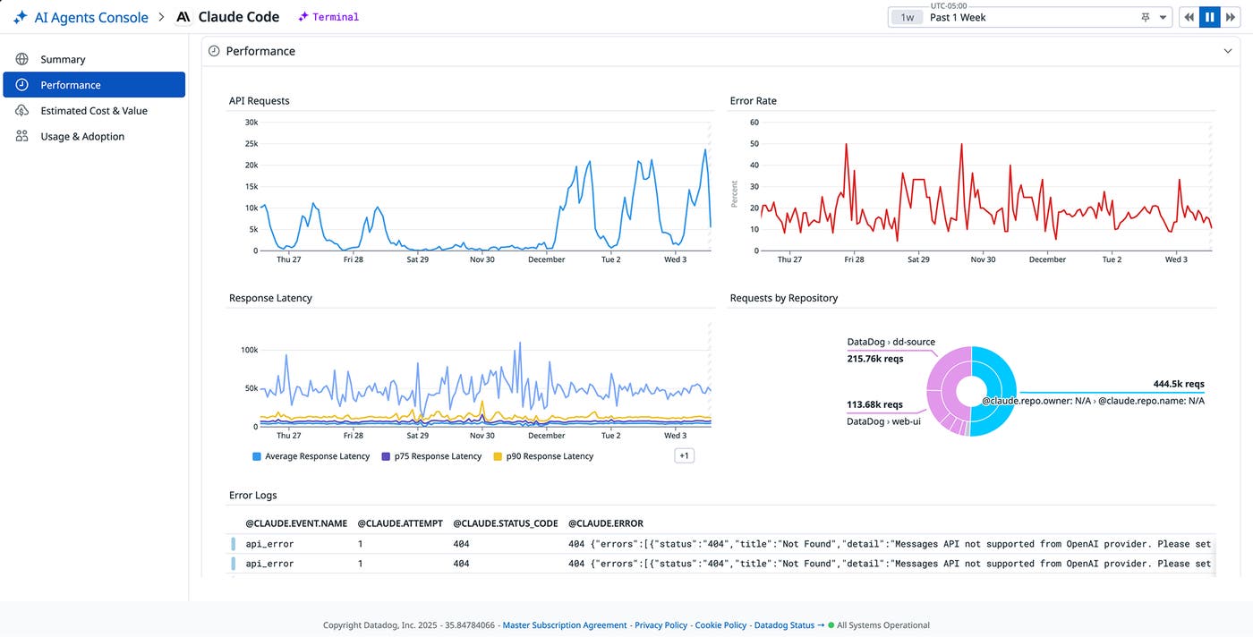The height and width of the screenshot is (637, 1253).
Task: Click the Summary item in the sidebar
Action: (63, 59)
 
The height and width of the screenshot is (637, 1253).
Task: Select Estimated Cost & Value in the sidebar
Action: (93, 111)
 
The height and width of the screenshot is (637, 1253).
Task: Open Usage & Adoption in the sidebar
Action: (81, 137)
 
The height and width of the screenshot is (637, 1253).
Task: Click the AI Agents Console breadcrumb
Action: (90, 17)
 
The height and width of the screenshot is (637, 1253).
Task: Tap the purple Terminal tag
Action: (329, 17)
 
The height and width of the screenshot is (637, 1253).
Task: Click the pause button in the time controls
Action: (1209, 17)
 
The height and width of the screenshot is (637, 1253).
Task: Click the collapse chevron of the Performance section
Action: (1228, 52)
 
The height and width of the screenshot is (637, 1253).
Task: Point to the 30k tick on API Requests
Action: (251, 123)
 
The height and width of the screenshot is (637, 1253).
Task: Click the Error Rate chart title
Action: (753, 101)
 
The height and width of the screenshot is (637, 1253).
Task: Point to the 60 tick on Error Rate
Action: (754, 123)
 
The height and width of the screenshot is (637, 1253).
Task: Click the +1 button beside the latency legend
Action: (684, 455)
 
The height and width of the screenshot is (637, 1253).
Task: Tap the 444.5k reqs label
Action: (1179, 384)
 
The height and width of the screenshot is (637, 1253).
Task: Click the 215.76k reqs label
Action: (875, 359)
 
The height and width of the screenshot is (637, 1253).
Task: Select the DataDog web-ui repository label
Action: (883, 421)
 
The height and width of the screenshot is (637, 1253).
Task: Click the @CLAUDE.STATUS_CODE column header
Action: (505, 523)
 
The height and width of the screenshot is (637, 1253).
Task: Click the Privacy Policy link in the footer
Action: (661, 625)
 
